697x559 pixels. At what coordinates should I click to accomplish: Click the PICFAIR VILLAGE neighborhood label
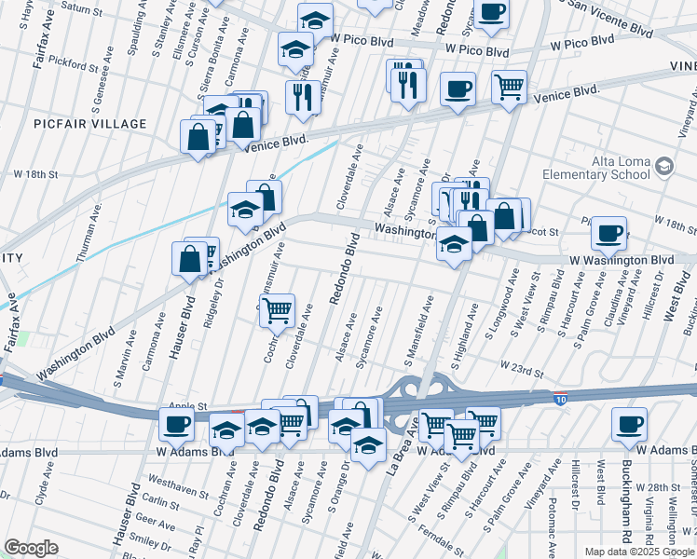[90, 124]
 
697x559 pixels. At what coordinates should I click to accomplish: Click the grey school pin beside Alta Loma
[663, 167]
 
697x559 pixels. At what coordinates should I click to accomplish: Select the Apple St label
[185, 407]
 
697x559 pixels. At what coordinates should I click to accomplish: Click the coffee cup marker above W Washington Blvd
[608, 233]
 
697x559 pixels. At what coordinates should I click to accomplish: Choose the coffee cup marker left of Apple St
[175, 425]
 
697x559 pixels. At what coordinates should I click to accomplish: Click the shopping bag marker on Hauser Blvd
[189, 259]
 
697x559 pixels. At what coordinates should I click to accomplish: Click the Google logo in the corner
[31, 548]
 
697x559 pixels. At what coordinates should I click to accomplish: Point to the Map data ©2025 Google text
[639, 552]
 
